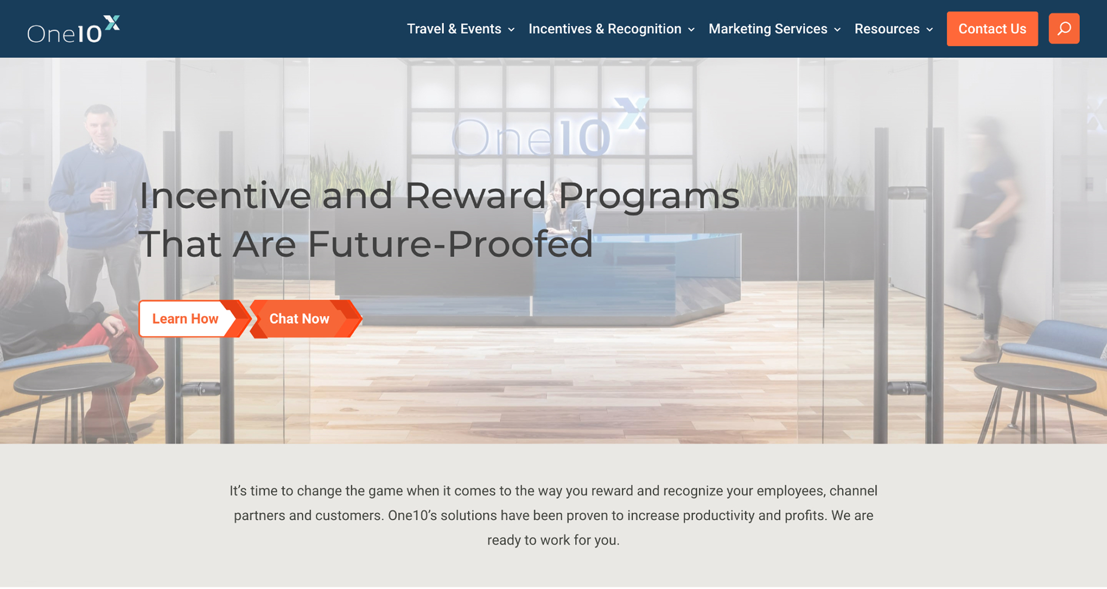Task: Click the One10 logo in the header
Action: click(x=74, y=29)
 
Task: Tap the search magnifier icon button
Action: click(x=1064, y=29)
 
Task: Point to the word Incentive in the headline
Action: click(x=225, y=196)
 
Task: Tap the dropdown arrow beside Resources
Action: click(x=930, y=29)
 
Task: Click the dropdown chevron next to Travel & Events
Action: click(x=511, y=29)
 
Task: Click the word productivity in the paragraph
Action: click(x=718, y=515)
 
